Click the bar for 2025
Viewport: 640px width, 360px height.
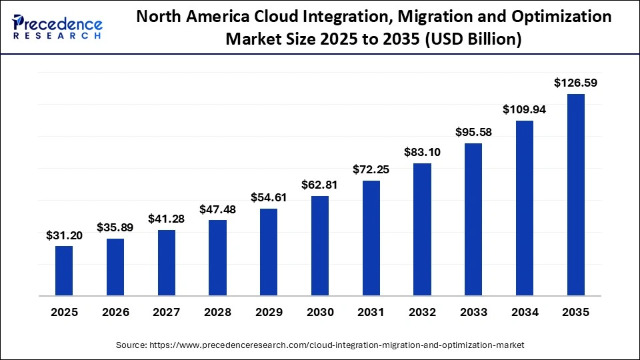pos(64,271)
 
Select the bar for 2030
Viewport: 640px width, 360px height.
pos(320,245)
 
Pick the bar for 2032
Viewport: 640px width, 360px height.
pos(422,229)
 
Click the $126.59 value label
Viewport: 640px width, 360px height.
pos(575,83)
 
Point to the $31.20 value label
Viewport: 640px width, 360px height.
pos(64,235)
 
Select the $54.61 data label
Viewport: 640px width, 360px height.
pos(269,198)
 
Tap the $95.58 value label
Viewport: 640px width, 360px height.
pos(473,133)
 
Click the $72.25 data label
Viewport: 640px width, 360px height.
pos(371,170)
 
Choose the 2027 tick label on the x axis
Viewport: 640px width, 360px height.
pos(166,312)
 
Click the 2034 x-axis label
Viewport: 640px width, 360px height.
pos(525,312)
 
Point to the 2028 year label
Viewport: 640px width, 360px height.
pos(217,312)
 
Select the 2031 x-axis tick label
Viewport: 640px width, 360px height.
pos(371,312)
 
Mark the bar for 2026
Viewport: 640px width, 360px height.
pos(115,267)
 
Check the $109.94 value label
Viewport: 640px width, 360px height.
pos(525,110)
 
